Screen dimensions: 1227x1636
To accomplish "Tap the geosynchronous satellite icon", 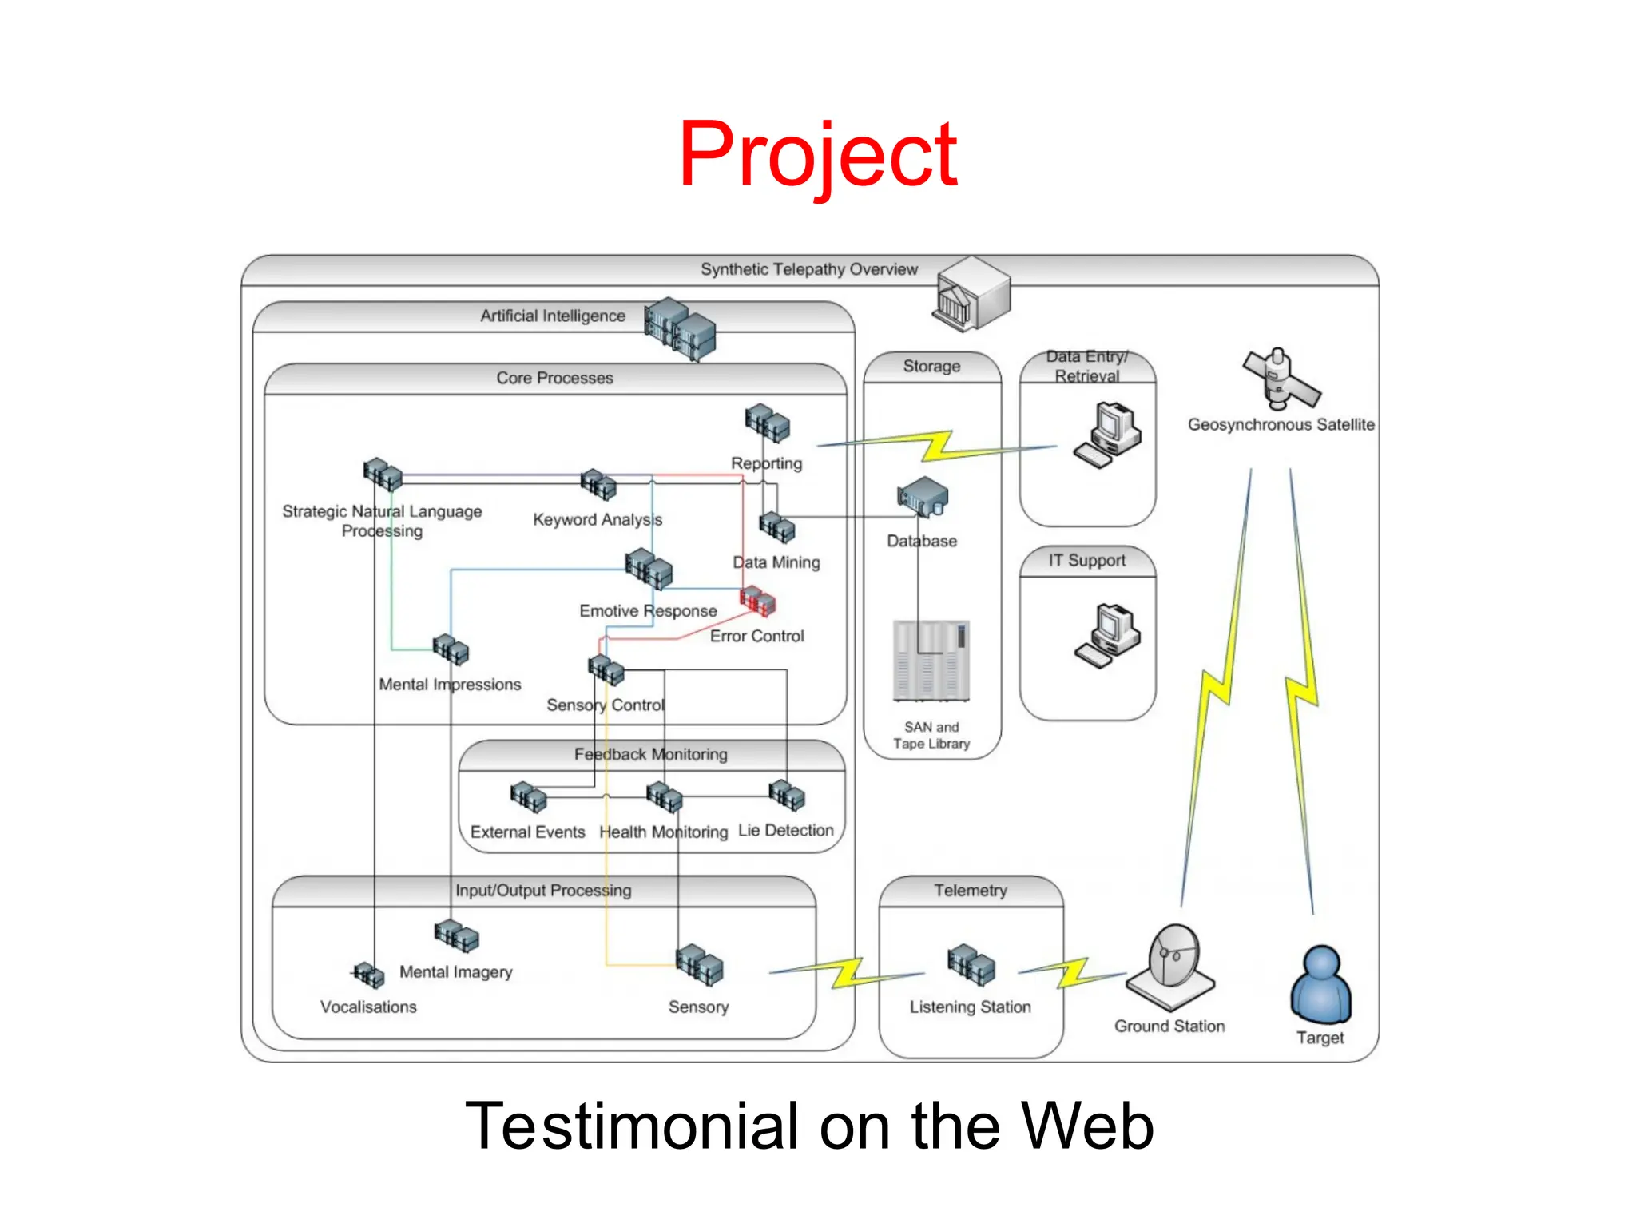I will [1281, 379].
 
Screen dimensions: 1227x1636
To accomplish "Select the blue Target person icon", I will [1320, 985].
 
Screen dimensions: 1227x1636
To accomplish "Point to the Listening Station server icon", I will [971, 964].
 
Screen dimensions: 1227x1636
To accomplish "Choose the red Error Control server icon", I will [757, 601].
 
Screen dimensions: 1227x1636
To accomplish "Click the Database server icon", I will [923, 498].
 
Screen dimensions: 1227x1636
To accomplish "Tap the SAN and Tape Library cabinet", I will [931, 661].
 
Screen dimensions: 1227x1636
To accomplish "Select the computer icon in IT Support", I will [1109, 635].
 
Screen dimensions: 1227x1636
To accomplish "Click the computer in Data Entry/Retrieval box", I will [1108, 435].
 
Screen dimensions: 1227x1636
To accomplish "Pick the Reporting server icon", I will [767, 423].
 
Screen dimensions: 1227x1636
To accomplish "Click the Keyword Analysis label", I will [598, 520].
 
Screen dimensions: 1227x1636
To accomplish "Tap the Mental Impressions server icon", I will [451, 649].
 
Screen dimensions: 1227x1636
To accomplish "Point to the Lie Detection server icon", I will [787, 795].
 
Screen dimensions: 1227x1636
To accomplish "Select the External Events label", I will [527, 832].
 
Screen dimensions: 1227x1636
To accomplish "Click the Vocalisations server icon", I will [368, 975].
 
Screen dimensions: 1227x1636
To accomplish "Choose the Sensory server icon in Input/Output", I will [699, 964].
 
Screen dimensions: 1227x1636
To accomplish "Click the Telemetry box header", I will [971, 891].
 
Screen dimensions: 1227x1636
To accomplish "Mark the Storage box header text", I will [931, 366].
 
